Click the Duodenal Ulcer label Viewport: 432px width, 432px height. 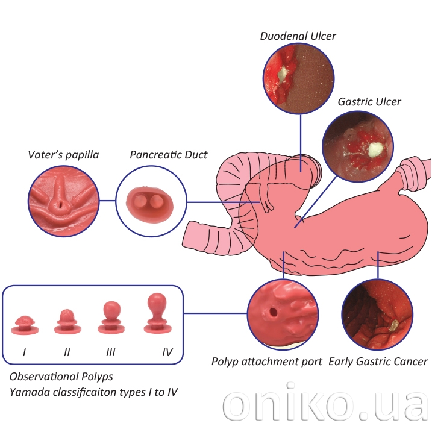point(298,36)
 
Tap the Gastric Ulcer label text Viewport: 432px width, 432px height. point(369,102)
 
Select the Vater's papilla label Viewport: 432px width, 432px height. point(63,155)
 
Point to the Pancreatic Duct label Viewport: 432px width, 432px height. point(169,155)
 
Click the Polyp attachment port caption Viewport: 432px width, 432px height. point(266,362)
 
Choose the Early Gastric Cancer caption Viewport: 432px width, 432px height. point(378,362)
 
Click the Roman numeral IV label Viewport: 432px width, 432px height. point(167,352)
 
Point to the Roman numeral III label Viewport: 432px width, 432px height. point(110,352)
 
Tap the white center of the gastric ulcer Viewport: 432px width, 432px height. point(375,148)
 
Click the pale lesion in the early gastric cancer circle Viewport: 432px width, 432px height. point(392,326)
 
